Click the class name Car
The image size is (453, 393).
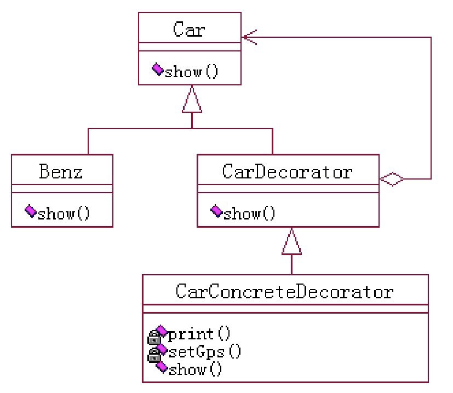[189, 29]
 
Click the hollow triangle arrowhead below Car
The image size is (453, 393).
[191, 101]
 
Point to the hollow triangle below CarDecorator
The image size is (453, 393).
[291, 242]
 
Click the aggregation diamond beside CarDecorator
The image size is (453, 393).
[392, 178]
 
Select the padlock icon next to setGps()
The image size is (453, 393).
[153, 355]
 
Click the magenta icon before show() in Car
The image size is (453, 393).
[157, 70]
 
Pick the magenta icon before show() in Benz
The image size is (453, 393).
[31, 211]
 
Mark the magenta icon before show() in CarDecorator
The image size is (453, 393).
[217, 211]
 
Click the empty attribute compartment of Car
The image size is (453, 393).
[189, 47]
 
